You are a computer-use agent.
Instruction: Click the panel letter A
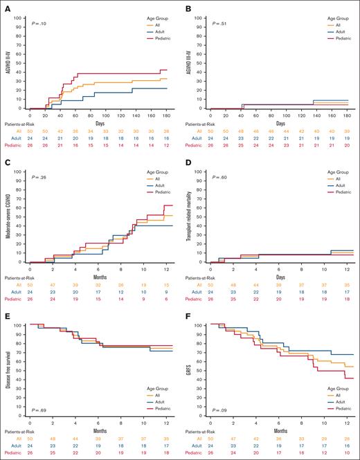click(x=6, y=8)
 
